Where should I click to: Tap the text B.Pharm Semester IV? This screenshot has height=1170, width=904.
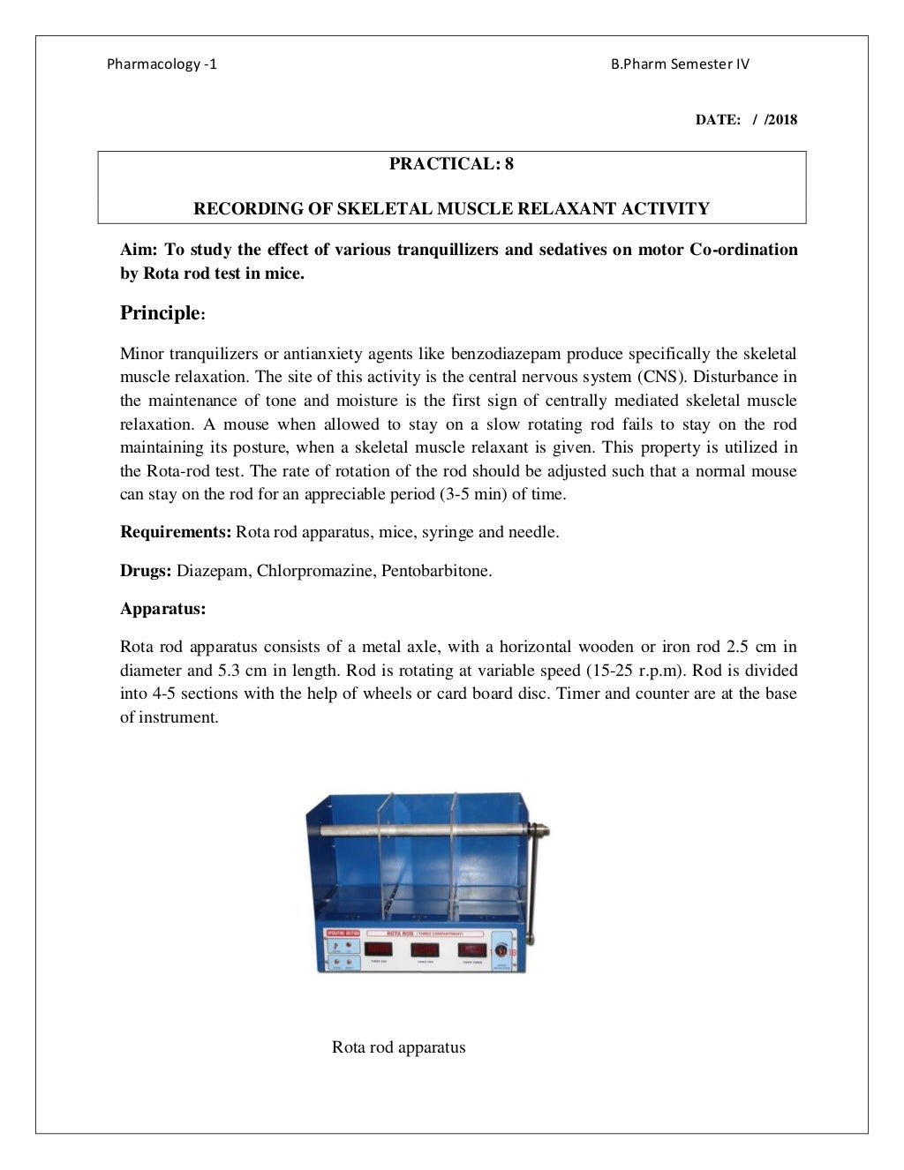click(x=680, y=64)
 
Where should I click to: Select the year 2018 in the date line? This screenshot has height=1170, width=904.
click(x=782, y=120)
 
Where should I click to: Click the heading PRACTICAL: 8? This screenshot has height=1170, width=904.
click(x=451, y=164)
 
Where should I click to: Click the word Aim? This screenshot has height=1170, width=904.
click(x=139, y=250)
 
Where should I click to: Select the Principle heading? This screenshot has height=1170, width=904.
click(x=160, y=313)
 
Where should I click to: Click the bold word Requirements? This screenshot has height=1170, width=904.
click(x=176, y=533)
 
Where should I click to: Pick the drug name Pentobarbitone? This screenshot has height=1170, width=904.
click(x=436, y=571)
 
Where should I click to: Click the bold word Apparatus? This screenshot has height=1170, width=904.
click(x=162, y=610)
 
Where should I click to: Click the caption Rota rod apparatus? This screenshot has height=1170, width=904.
click(x=398, y=1048)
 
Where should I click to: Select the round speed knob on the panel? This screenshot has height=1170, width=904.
click(x=501, y=951)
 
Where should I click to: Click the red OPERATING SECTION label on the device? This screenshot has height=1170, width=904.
click(x=341, y=933)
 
